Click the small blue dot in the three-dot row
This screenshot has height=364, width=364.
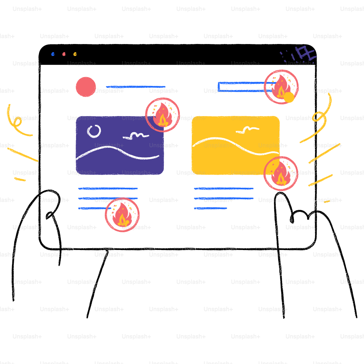[x=53, y=54]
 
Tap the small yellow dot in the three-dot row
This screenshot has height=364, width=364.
[x=75, y=54]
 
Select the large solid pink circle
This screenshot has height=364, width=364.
[x=86, y=87]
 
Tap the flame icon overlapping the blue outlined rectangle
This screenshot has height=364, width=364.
[x=281, y=87]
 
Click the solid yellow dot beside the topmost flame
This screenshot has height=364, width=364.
[x=289, y=97]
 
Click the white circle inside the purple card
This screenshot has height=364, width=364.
[x=94, y=131]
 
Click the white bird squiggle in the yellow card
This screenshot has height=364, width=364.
[x=248, y=129]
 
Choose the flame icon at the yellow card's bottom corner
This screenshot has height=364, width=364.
[x=281, y=174]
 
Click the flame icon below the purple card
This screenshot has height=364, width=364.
[x=122, y=215]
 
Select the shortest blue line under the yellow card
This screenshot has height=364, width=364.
[x=211, y=209]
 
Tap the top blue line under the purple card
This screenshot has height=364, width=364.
[x=108, y=189]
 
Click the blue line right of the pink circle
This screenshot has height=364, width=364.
[x=135, y=87]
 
